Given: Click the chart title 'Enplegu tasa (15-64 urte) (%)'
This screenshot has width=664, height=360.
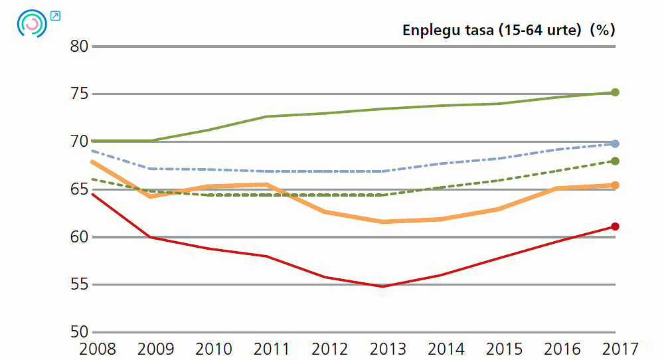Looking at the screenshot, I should [x=509, y=30].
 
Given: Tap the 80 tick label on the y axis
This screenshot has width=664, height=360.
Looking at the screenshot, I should [x=79, y=46].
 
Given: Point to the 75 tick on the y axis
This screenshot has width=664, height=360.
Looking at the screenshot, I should [x=79, y=94].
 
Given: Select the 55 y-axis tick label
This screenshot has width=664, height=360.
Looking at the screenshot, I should [x=79, y=284].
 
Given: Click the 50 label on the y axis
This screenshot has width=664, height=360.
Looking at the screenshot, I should [x=79, y=332].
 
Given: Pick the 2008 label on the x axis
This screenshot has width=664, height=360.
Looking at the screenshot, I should [x=97, y=349].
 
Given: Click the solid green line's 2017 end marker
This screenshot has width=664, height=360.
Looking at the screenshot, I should [x=615, y=92].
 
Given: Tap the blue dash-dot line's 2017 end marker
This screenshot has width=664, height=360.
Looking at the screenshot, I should [x=615, y=143].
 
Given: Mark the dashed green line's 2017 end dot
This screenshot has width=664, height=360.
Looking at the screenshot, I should [x=615, y=161].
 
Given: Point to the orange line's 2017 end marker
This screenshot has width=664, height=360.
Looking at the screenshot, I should [x=615, y=185].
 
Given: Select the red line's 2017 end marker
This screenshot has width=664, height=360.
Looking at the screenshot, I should [x=615, y=226].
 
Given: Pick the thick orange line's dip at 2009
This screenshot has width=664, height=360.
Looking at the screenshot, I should [x=151, y=196].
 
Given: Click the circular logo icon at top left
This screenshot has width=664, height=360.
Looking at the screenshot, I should [x=31, y=23].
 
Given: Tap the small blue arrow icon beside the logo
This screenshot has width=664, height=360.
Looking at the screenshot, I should [x=55, y=15].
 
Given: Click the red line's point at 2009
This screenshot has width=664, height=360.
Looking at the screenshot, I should [x=151, y=237].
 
